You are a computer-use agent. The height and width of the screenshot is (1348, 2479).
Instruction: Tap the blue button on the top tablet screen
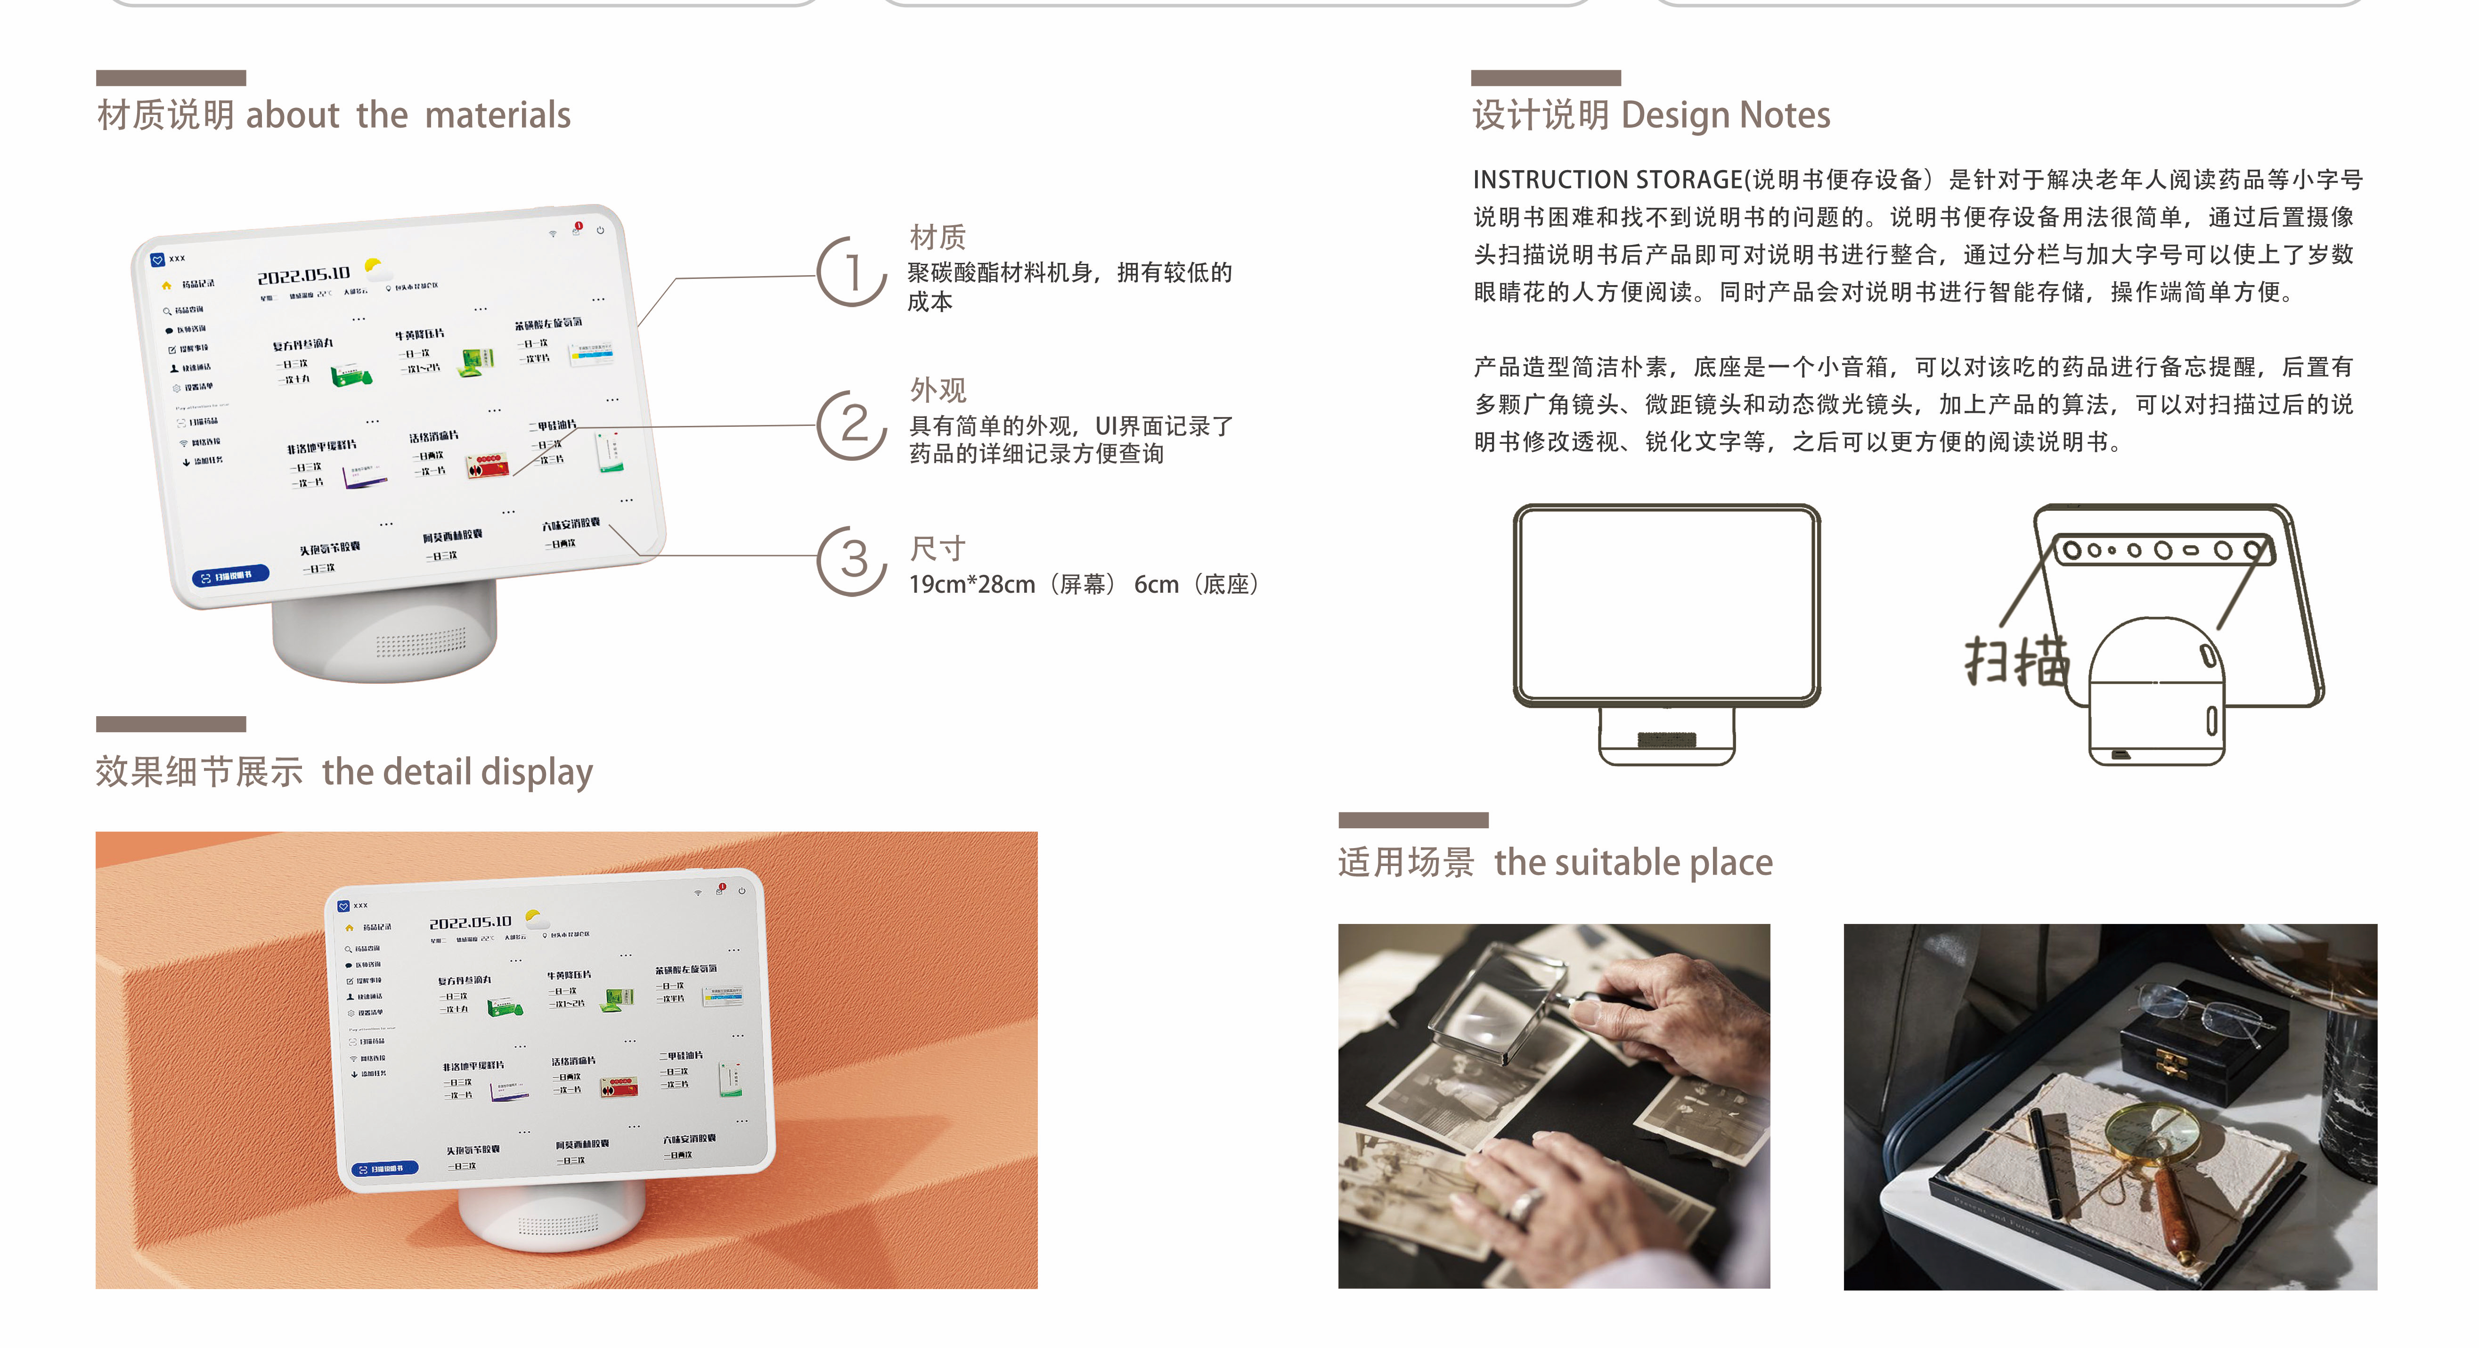coord(231,576)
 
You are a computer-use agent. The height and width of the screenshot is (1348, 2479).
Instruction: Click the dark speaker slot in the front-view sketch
coord(1667,739)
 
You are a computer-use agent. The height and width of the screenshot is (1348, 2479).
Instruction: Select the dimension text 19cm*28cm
coord(972,584)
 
